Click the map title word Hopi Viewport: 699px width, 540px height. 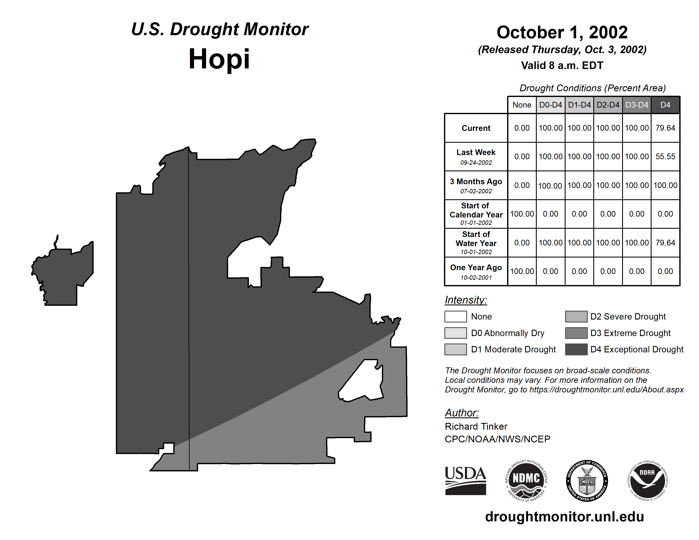click(x=219, y=59)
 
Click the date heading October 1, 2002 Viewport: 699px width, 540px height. click(x=562, y=32)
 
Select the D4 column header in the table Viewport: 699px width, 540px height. click(x=665, y=105)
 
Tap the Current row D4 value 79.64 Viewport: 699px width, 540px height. click(x=665, y=128)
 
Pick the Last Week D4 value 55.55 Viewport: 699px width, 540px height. click(x=665, y=156)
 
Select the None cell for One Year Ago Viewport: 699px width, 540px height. click(x=522, y=271)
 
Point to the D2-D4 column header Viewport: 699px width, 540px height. click(x=608, y=105)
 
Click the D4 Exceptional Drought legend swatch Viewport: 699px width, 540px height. click(x=576, y=349)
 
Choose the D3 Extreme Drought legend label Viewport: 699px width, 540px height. click(x=630, y=333)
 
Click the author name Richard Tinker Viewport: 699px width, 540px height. click(x=476, y=426)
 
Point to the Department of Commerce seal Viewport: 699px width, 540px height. click(x=587, y=481)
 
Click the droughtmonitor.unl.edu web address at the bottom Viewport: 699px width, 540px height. click(x=564, y=517)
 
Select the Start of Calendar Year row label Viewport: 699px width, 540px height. click(x=476, y=214)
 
